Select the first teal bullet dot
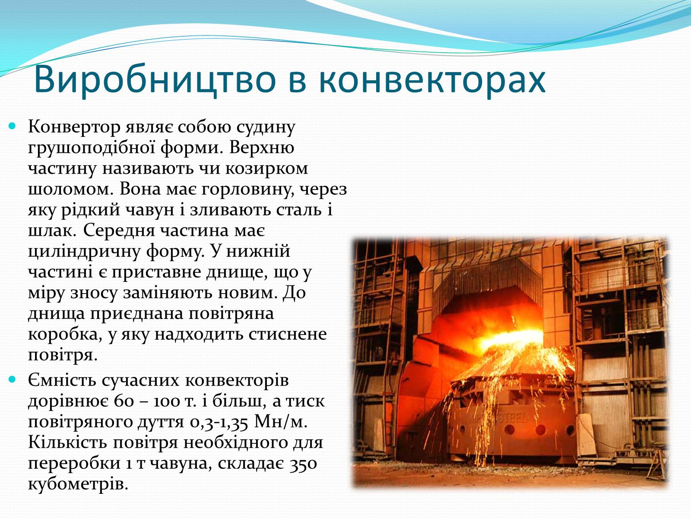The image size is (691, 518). (x=12, y=126)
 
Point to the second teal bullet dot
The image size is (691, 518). (x=12, y=379)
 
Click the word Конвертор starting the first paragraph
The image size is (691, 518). (x=74, y=127)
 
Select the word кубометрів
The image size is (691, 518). (x=78, y=484)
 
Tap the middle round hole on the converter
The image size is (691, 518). (x=541, y=430)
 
